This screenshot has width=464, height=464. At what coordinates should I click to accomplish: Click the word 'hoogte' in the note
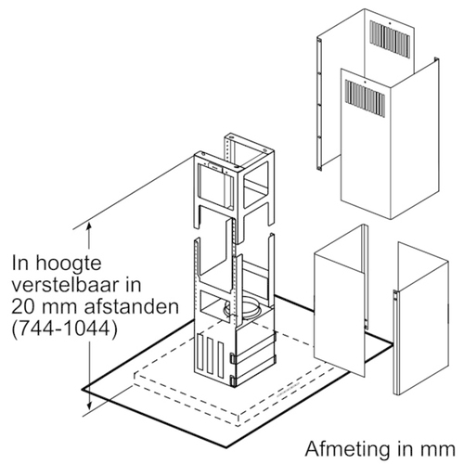(x=69, y=264)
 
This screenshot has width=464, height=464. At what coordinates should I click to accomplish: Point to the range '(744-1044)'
(x=65, y=329)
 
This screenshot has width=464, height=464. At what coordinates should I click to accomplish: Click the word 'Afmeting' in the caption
(x=348, y=449)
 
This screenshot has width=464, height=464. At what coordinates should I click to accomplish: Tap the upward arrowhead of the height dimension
(x=89, y=226)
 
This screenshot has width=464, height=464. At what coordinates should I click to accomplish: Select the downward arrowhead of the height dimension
(x=89, y=405)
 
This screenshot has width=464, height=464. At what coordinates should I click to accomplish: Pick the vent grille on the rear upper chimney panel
(x=391, y=39)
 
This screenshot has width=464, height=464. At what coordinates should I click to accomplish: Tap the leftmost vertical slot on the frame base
(x=200, y=352)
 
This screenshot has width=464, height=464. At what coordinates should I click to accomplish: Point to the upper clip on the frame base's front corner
(x=233, y=359)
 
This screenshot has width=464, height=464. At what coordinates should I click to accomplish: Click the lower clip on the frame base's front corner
(x=233, y=380)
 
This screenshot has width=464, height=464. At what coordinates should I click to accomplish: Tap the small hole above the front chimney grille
(x=366, y=83)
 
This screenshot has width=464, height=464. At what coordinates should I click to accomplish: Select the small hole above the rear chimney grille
(x=391, y=23)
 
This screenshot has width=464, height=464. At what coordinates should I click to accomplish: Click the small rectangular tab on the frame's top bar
(x=214, y=166)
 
